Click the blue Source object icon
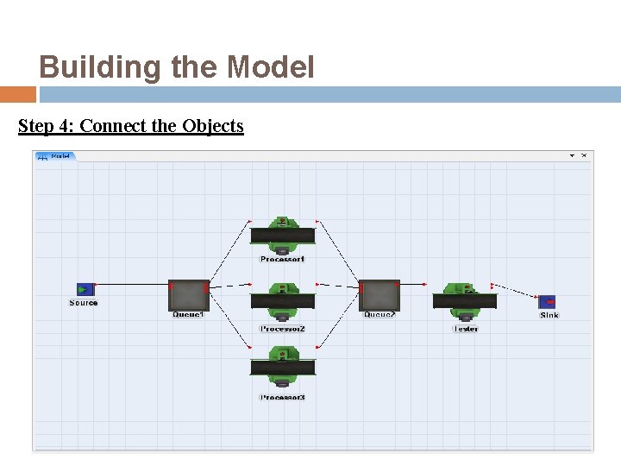point(85,289)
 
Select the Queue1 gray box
point(188,295)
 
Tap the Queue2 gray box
point(379,295)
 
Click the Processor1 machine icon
point(282,235)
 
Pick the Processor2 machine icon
point(282,301)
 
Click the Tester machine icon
point(464,301)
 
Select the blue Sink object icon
point(547,301)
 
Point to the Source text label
point(84,303)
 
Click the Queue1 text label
point(188,315)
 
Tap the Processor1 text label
point(282,259)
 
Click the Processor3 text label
point(282,398)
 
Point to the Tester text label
point(465,329)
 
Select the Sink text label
point(549,315)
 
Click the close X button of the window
point(584,155)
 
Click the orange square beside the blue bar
point(17,94)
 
